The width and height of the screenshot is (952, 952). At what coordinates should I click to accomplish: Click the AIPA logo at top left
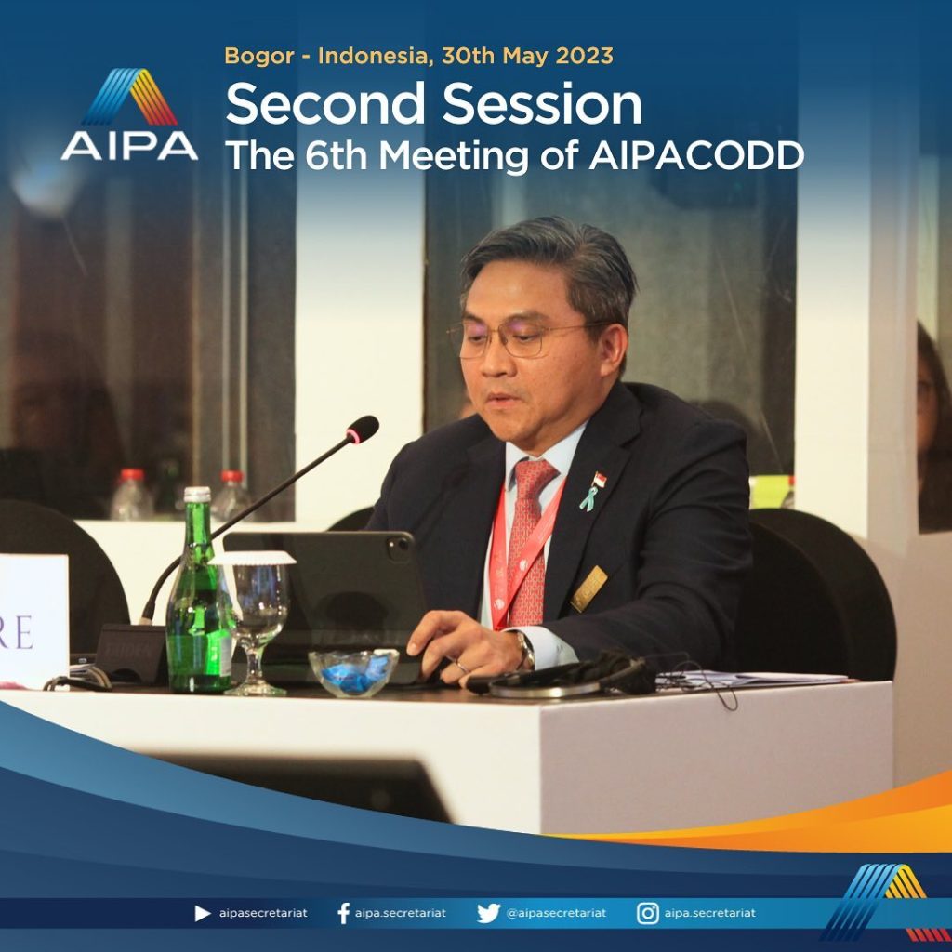129,114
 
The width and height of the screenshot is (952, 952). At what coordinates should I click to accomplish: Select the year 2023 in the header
584,55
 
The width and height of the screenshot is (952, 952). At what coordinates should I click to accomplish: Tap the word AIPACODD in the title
696,156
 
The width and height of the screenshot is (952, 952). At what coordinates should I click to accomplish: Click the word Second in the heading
324,104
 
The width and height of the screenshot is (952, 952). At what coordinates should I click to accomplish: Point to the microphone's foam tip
363,430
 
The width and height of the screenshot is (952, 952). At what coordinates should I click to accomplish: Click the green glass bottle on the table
199,591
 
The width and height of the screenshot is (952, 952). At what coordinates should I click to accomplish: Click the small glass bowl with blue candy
353,672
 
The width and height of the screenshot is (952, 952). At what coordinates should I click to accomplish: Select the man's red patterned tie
529,540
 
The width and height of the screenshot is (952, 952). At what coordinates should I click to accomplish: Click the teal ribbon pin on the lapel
588,498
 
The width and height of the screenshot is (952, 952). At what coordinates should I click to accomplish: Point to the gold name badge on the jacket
588,588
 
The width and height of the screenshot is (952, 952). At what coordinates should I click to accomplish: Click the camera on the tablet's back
400,548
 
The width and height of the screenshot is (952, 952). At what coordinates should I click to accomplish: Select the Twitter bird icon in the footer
488,913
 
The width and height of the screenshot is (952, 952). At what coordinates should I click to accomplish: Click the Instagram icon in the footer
648,913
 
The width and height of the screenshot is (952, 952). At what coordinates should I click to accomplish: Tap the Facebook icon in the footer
344,913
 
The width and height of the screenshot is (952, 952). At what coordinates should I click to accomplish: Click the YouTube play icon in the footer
202,913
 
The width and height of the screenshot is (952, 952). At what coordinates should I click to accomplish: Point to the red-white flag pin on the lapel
600,480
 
